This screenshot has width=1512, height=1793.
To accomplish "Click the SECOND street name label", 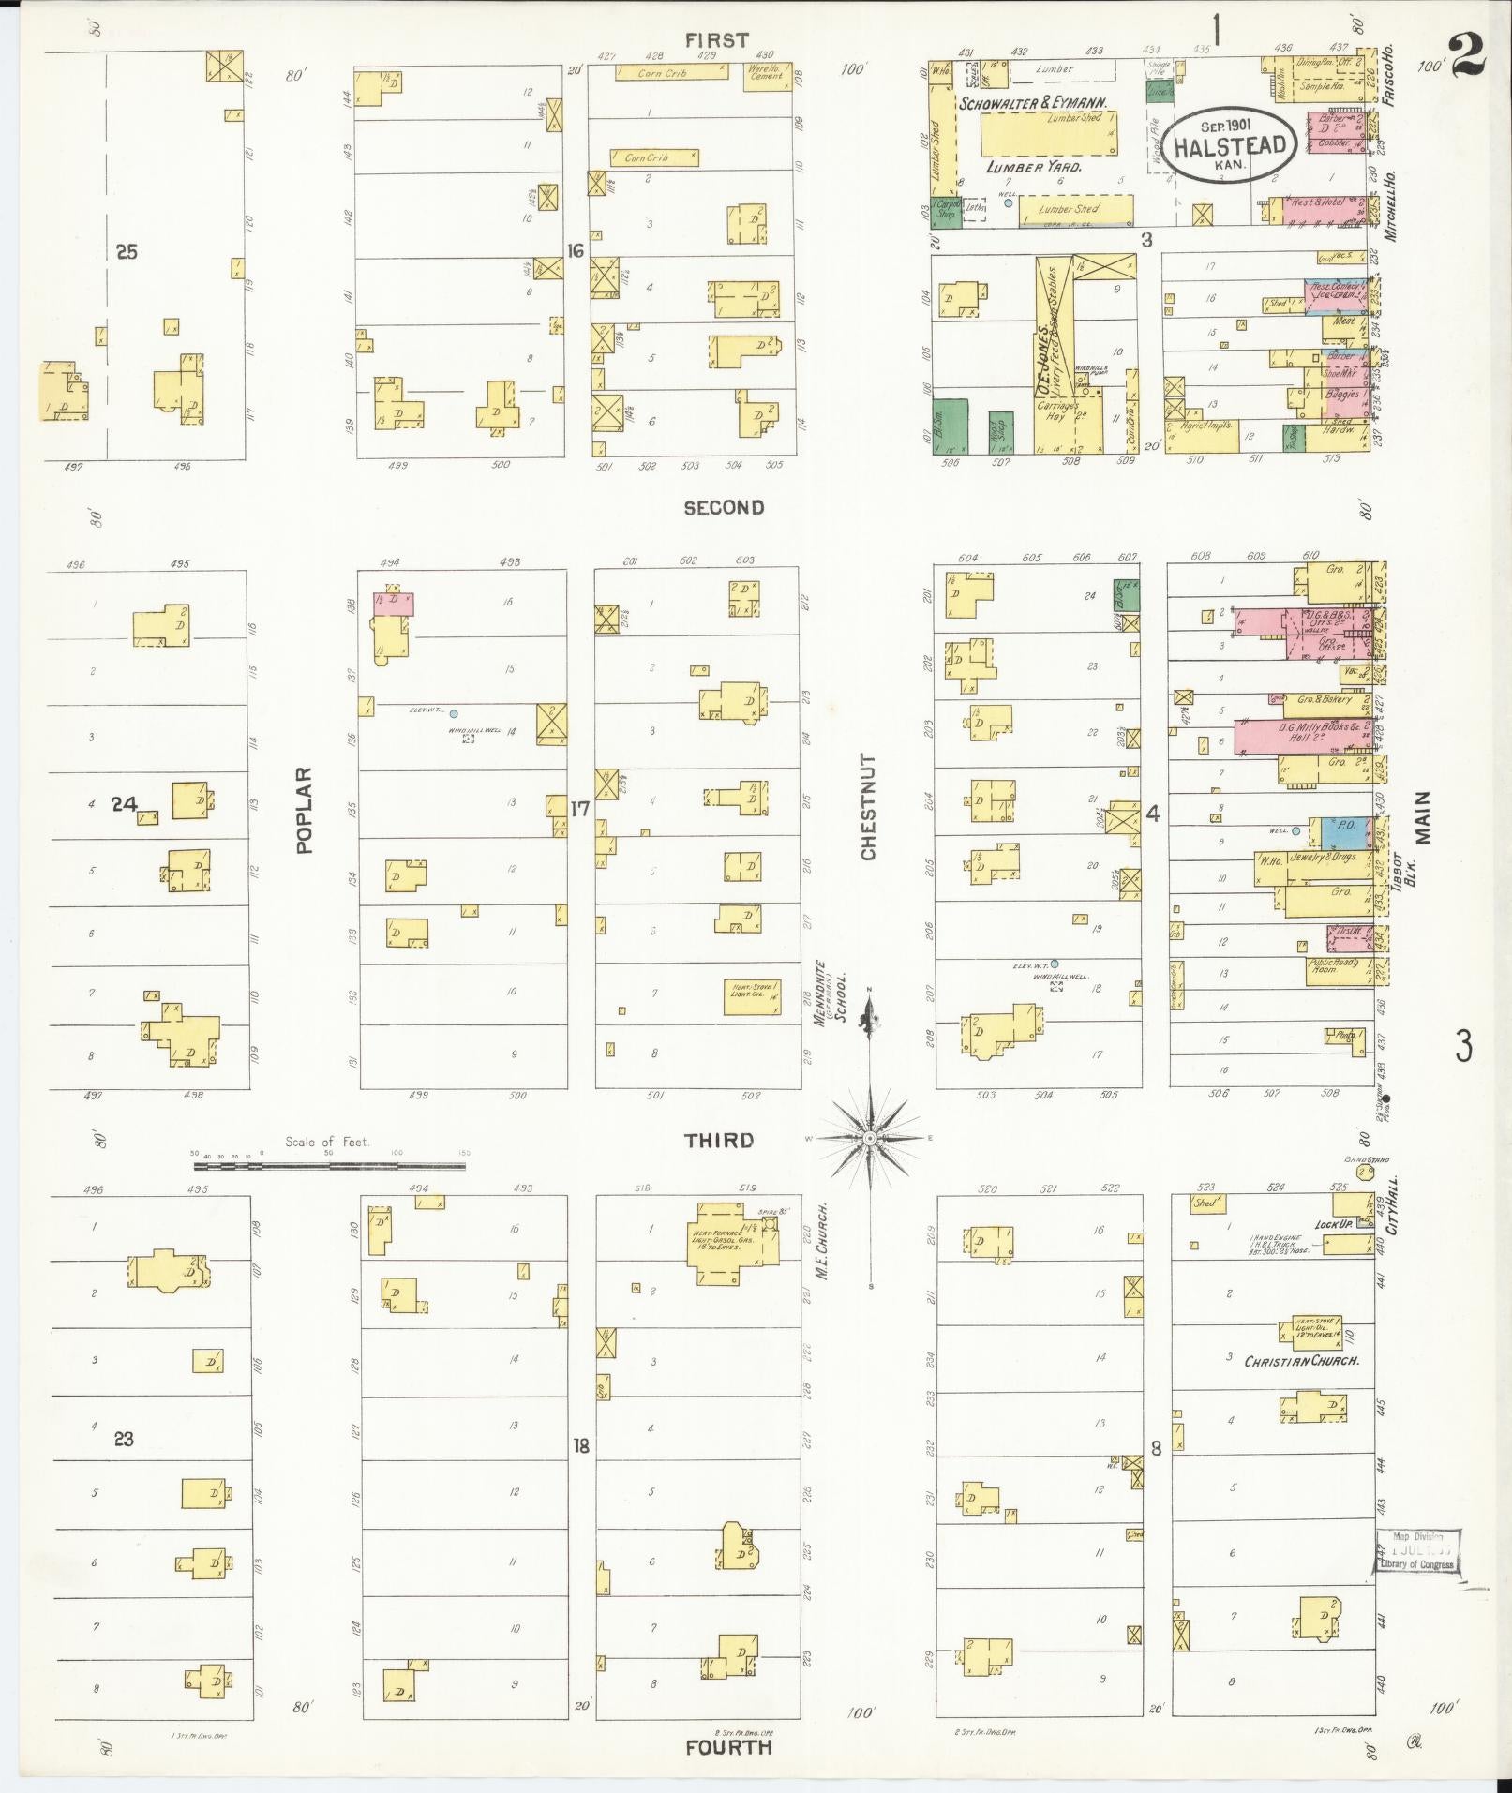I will [723, 508].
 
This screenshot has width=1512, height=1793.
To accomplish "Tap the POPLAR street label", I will [304, 810].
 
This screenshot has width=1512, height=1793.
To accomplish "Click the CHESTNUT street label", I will [868, 807].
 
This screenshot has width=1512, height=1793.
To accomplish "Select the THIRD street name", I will [718, 1140].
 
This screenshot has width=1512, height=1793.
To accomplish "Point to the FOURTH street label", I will [727, 1747].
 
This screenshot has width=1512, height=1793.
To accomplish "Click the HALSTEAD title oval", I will [1234, 145].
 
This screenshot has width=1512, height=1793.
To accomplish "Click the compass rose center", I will [870, 1138].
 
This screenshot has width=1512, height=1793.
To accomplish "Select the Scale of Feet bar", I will [329, 1167].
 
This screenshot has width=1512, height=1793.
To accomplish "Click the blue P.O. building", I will [1344, 831].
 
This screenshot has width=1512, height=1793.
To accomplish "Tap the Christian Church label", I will [1300, 1361].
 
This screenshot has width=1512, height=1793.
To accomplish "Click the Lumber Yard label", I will [1033, 167].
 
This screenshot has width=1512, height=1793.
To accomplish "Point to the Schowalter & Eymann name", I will [1033, 102].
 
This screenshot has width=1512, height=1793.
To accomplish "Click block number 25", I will [126, 251].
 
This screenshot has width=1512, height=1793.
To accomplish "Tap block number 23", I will [124, 1439].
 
